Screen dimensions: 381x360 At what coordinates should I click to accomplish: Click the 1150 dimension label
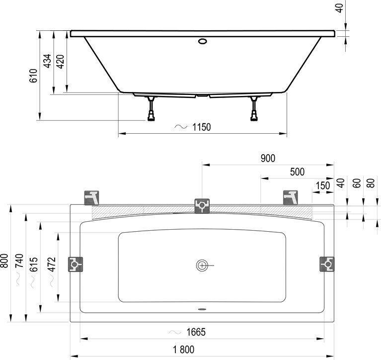click(202, 127)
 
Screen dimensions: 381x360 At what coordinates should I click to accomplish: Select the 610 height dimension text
click(34, 76)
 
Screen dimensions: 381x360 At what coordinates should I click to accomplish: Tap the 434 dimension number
click(47, 61)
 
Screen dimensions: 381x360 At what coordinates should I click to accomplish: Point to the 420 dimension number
click(60, 62)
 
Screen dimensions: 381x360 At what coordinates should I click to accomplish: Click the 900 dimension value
click(268, 158)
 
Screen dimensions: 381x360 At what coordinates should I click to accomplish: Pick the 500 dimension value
click(297, 172)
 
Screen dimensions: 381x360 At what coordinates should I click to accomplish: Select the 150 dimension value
click(323, 185)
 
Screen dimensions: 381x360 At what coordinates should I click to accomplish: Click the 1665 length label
click(196, 332)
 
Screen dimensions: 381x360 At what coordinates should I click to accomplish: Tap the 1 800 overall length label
click(184, 350)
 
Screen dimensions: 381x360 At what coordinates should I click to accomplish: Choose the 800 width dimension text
click(4, 261)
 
